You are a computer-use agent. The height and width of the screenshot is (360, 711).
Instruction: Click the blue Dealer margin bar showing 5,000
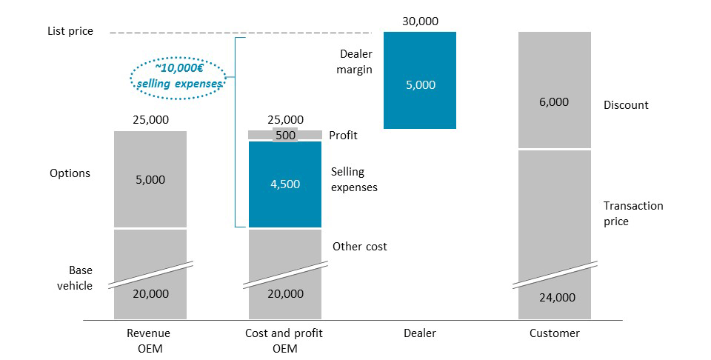pyautogui.click(x=420, y=80)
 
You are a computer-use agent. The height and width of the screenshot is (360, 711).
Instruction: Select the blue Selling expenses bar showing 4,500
pyautogui.click(x=285, y=184)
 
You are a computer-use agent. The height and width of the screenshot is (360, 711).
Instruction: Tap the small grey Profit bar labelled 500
pyautogui.click(x=285, y=135)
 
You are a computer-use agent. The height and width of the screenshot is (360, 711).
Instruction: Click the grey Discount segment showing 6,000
pyautogui.click(x=554, y=90)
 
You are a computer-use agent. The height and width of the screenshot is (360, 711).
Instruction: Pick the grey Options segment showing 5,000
pyautogui.click(x=150, y=179)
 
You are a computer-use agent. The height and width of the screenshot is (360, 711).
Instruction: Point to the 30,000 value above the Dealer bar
pyautogui.click(x=420, y=21)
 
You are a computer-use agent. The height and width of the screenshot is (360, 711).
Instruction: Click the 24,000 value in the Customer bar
pyautogui.click(x=556, y=298)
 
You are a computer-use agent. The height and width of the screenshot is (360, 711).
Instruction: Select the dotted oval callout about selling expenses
pyautogui.click(x=178, y=76)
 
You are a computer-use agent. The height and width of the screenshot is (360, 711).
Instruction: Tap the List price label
pyautogui.click(x=70, y=32)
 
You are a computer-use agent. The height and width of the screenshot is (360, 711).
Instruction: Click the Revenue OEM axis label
pyautogui.click(x=148, y=341)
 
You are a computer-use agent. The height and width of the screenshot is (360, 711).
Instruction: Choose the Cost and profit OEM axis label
pyautogui.click(x=284, y=341)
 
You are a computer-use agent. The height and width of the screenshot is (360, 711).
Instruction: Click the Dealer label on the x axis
pyautogui.click(x=419, y=333)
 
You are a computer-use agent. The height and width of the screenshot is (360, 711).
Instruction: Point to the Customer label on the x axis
pyautogui.click(x=554, y=333)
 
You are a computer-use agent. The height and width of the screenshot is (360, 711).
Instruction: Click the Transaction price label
pyautogui.click(x=632, y=213)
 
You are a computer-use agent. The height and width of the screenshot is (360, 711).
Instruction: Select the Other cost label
pyautogui.click(x=359, y=246)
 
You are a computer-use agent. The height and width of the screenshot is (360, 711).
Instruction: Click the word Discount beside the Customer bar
pyautogui.click(x=626, y=105)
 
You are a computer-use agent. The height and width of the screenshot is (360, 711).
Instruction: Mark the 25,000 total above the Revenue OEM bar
pyautogui.click(x=150, y=119)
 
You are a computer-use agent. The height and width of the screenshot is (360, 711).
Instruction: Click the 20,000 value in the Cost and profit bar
pyautogui.click(x=285, y=294)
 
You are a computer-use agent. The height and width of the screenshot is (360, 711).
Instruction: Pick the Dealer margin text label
pyautogui.click(x=355, y=61)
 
